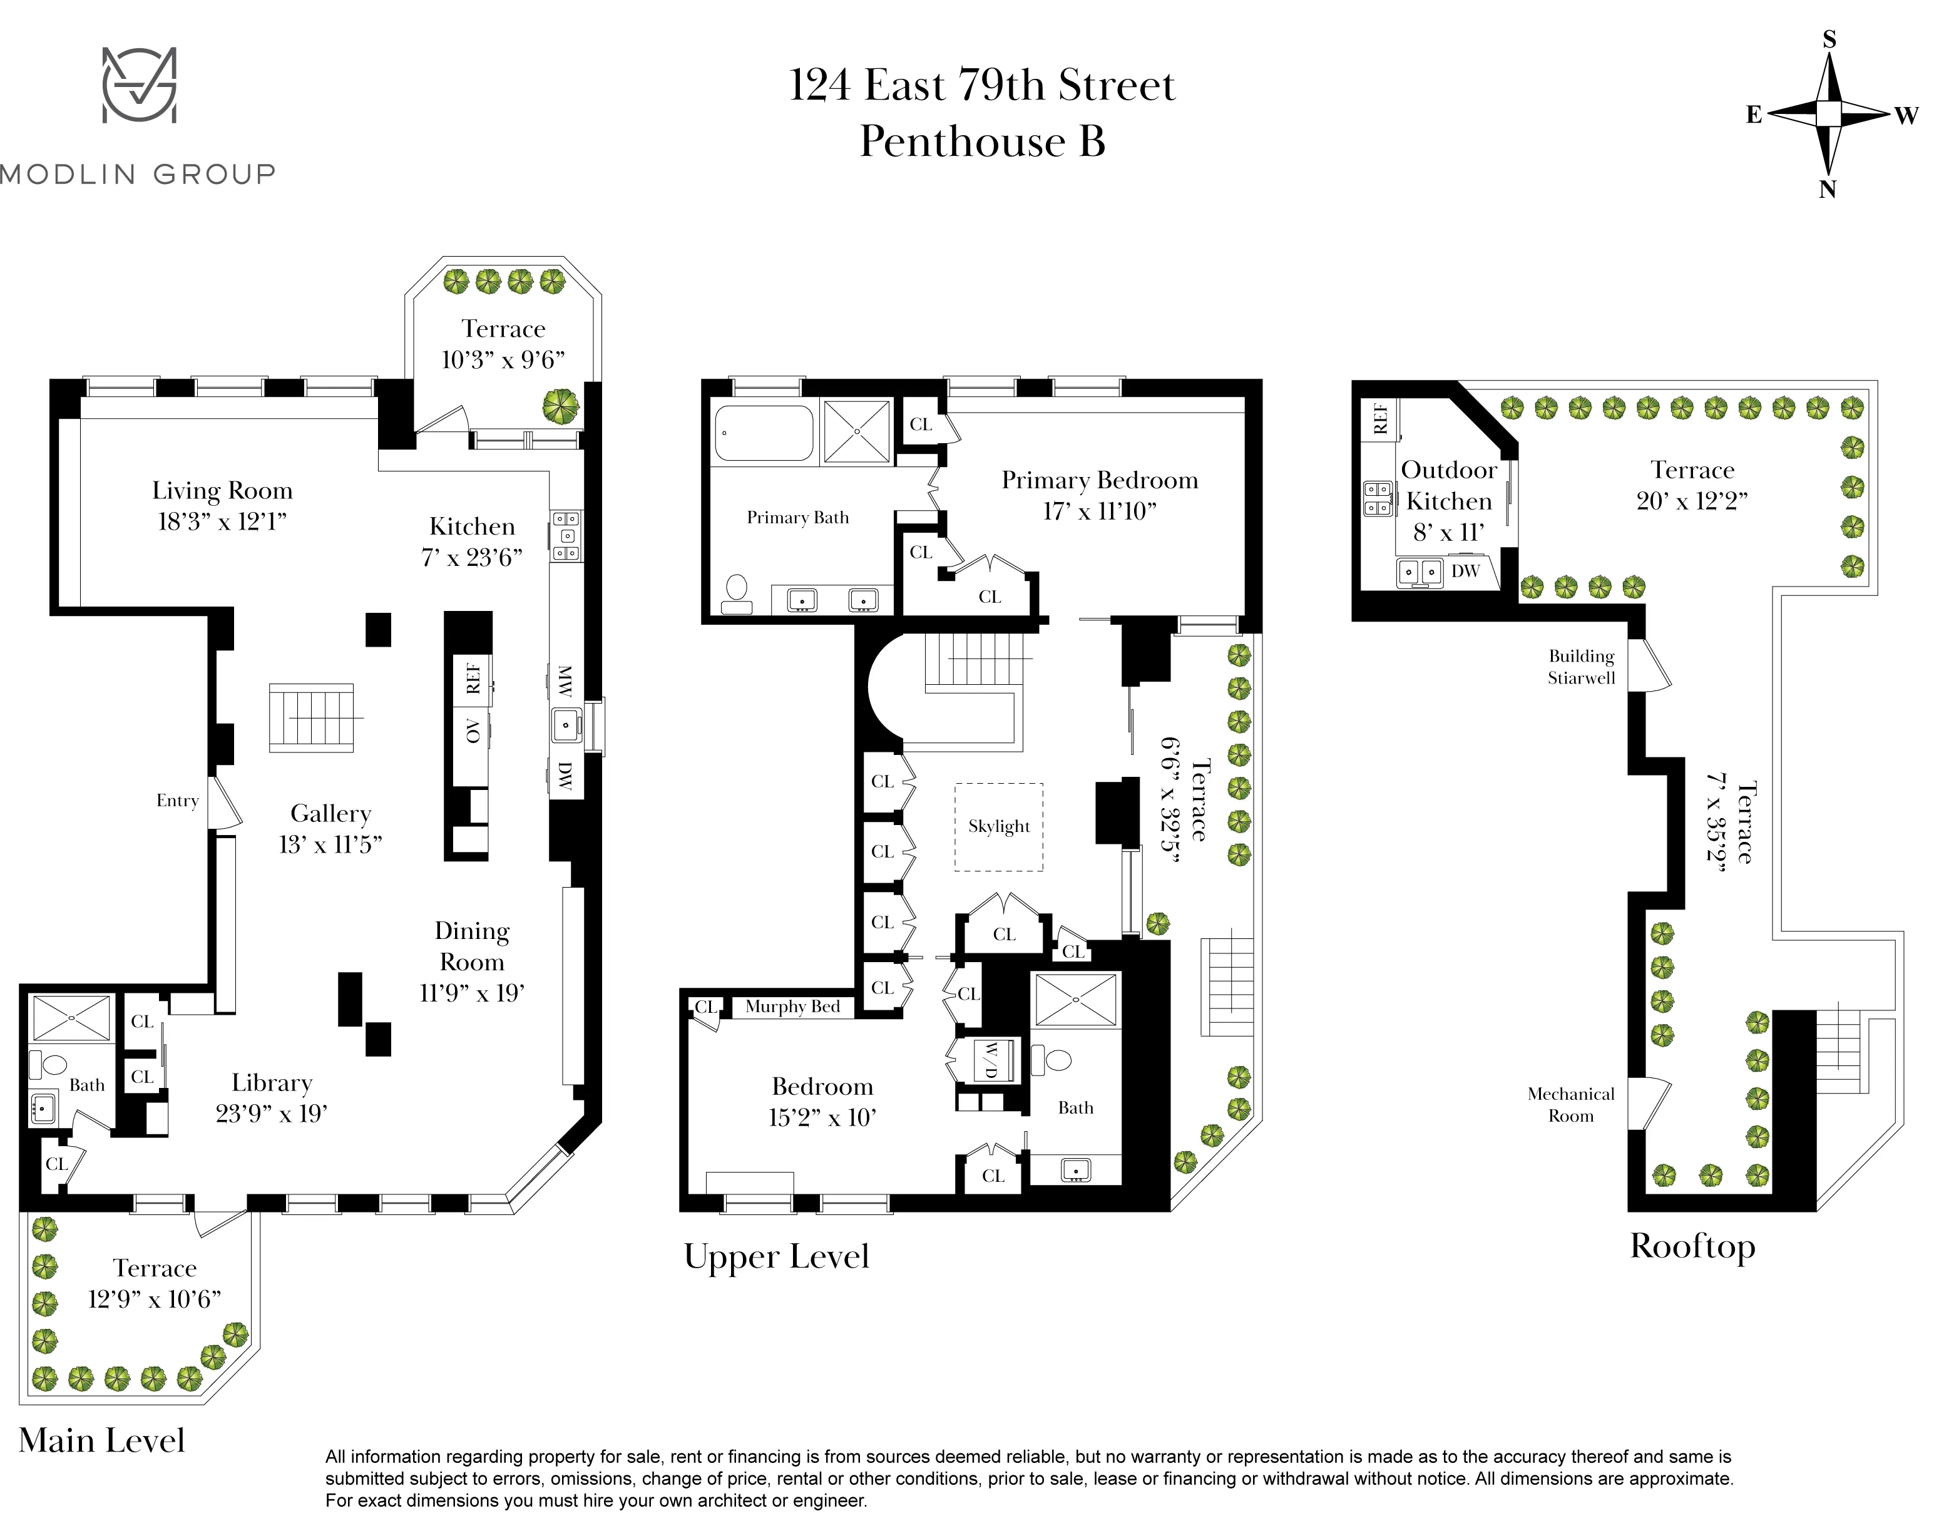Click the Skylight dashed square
click(999, 827)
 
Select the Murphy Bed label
click(792, 1007)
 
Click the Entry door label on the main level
click(177, 800)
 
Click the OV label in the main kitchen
click(473, 731)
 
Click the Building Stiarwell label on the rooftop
click(1581, 667)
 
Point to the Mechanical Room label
click(1570, 1104)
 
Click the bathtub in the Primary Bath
click(764, 433)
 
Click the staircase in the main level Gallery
click(312, 717)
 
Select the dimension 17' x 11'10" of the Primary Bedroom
click(1099, 511)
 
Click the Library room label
click(272, 1082)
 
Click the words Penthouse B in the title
click(982, 141)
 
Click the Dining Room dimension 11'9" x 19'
click(472, 993)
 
